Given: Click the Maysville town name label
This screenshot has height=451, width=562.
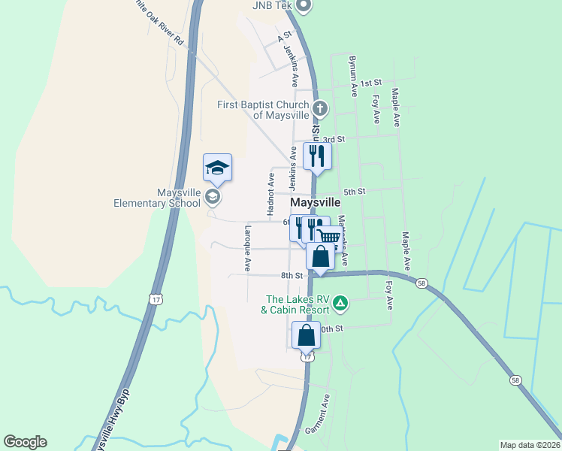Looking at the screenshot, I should point(316,204).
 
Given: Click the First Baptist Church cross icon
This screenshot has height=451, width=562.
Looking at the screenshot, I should point(320,108).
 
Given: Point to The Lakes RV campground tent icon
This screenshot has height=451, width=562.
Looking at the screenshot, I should point(340,304).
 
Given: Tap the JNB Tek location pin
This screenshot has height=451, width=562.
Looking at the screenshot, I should point(304,6).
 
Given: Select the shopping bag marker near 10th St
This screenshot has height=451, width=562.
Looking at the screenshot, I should point(307,335).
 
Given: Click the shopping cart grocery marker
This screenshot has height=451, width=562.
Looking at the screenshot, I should point(329,237).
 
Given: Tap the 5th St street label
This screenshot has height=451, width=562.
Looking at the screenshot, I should point(354,192).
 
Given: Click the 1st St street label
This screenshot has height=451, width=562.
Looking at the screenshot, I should point(371,83).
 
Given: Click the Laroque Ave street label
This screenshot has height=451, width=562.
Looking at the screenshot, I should point(246,249).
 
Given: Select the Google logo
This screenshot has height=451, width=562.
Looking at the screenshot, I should point(25,442).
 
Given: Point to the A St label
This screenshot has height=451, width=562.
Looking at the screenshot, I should point(284,35).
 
